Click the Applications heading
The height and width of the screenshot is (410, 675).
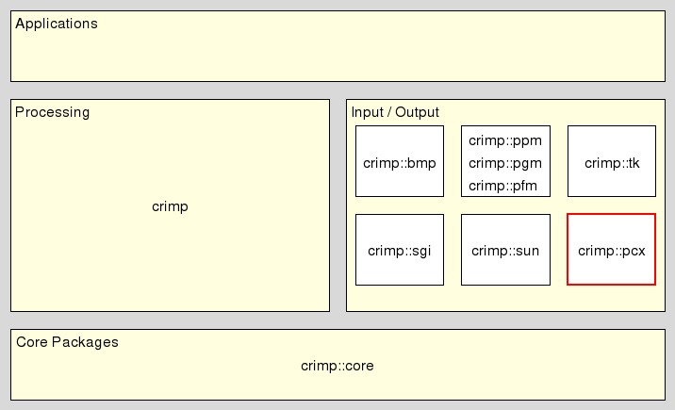coord(57,24)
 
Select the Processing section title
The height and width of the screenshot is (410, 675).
coord(53,112)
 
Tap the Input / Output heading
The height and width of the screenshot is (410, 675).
coord(395,112)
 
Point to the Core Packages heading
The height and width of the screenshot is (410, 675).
coord(67,342)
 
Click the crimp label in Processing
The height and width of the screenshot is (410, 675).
coord(170,206)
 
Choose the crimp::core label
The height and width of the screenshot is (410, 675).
coord(337,366)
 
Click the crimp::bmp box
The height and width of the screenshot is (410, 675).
coord(400,161)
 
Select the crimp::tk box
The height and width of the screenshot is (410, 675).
coord(611,161)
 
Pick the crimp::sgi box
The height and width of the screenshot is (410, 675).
coord(400,250)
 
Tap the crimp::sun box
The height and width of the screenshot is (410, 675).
coord(505,250)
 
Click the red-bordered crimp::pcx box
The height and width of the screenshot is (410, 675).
coord(611,250)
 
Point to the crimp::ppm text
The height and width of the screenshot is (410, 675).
coord(505,141)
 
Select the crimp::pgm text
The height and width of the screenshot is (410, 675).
coord(505,163)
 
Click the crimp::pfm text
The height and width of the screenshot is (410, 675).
coord(503,185)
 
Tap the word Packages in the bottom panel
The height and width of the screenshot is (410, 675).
coord(85,342)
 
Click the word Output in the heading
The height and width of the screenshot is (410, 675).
coord(417,112)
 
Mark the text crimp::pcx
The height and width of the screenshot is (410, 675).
coord(611,251)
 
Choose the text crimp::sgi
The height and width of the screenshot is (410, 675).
coord(400,251)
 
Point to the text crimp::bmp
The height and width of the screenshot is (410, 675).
coord(400,163)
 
